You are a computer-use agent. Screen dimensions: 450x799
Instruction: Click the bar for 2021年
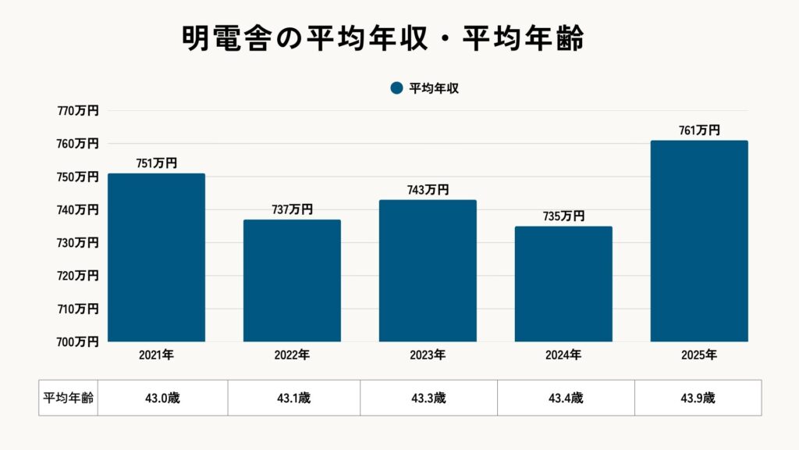click(156, 258)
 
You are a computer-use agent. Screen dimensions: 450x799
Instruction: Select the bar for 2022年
click(292, 280)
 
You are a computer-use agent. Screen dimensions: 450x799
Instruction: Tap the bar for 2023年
click(428, 271)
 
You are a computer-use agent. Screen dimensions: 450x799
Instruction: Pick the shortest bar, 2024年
click(563, 284)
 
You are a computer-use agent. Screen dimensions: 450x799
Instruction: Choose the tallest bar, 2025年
click(699, 241)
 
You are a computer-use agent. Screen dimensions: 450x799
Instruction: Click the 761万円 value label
click(699, 130)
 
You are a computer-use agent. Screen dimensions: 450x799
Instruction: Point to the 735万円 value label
click(563, 216)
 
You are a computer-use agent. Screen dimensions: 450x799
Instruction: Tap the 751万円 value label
click(156, 163)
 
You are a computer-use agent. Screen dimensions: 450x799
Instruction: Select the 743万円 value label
click(428, 190)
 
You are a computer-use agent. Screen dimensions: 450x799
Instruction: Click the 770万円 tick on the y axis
click(78, 111)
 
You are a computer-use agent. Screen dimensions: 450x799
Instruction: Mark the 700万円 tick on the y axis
click(78, 341)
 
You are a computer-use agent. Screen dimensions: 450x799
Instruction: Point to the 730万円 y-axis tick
click(78, 243)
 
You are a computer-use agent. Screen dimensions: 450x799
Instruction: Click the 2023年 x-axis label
click(428, 355)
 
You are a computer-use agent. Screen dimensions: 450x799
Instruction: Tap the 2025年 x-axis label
click(699, 355)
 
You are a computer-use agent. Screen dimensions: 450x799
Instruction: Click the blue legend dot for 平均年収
click(396, 88)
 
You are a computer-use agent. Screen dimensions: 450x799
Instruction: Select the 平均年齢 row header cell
click(68, 398)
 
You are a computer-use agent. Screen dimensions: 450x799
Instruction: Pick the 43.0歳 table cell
click(162, 398)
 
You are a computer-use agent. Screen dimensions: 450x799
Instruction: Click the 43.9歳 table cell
click(698, 398)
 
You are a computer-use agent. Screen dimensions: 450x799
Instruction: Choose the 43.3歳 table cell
click(428, 398)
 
